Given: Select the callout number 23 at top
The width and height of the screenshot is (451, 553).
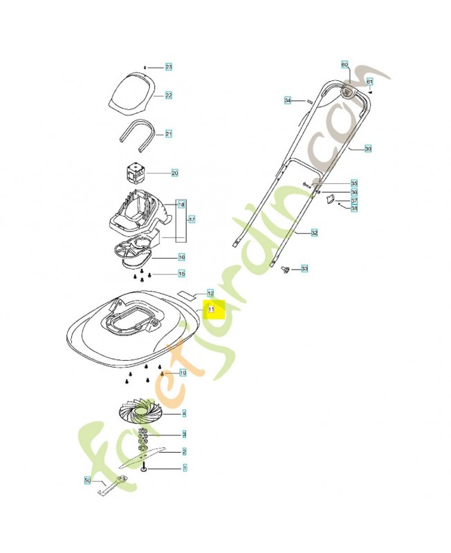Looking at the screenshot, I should pyautogui.click(x=168, y=67).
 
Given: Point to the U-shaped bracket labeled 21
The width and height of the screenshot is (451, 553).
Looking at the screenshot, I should pyautogui.click(x=138, y=133).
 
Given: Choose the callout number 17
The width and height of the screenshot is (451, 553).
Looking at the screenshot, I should pyautogui.click(x=192, y=219).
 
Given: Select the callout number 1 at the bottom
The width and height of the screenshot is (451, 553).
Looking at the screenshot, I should pyautogui.click(x=184, y=468).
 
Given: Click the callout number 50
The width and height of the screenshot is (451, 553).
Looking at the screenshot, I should pyautogui.click(x=88, y=480).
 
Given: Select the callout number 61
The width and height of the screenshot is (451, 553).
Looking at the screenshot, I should pyautogui.click(x=369, y=82).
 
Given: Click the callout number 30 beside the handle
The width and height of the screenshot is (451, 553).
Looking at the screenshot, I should pyautogui.click(x=368, y=149).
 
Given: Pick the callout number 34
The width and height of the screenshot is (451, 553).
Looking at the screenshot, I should pyautogui.click(x=288, y=101).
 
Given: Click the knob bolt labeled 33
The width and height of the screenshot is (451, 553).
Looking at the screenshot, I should pyautogui.click(x=284, y=270).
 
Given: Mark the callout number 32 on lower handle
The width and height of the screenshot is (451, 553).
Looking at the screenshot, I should pyautogui.click(x=314, y=233).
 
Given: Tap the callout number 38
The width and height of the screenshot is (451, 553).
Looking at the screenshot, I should pyautogui.click(x=354, y=208).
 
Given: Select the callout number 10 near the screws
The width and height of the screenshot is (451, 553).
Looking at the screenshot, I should pyautogui.click(x=183, y=373).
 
